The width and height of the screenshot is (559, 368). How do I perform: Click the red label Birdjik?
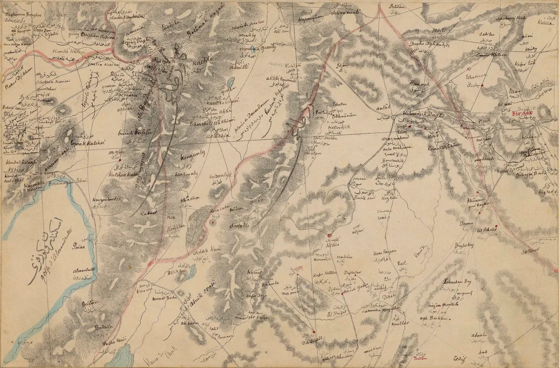(520, 113)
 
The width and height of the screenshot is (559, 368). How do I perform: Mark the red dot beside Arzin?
(120, 161)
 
